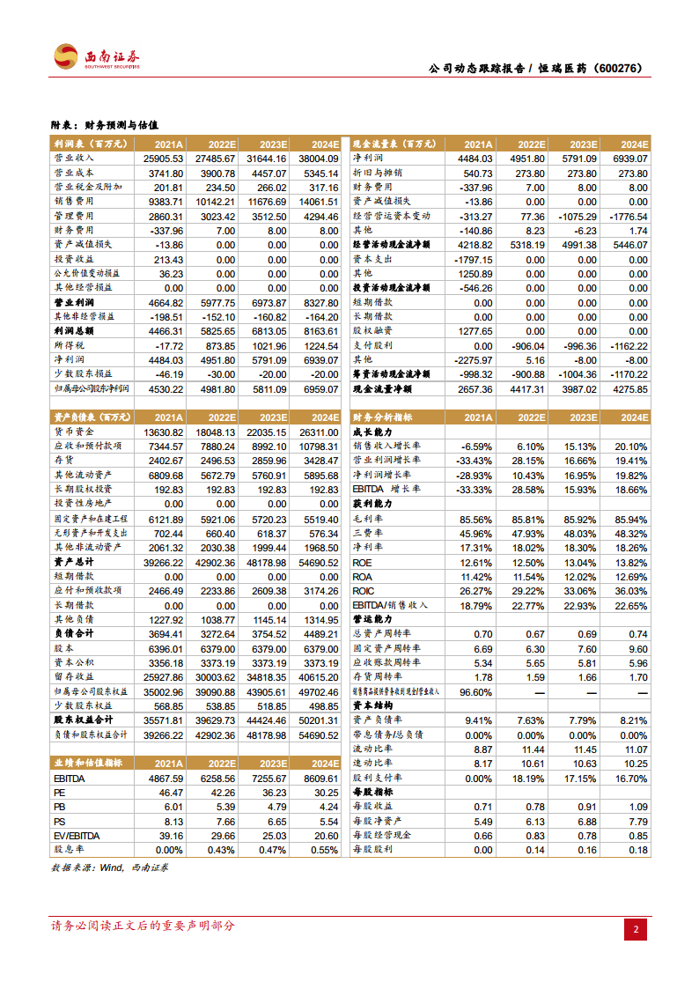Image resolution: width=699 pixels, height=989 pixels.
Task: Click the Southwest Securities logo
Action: pyautogui.click(x=97, y=57)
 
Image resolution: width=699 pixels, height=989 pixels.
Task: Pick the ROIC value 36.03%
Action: pyautogui.click(x=629, y=591)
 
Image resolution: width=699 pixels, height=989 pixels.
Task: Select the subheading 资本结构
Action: pyautogui.click(x=373, y=705)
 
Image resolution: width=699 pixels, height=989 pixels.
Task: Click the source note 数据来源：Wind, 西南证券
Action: pyautogui.click(x=110, y=867)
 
